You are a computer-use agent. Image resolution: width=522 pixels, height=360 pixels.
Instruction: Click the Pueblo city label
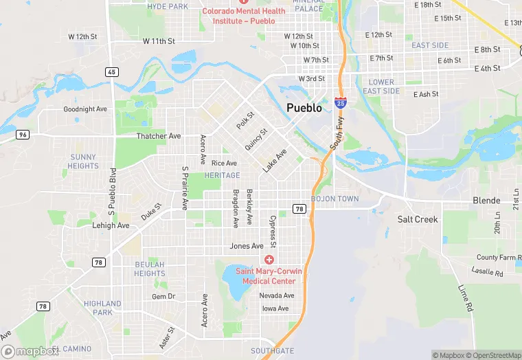pos(304,108)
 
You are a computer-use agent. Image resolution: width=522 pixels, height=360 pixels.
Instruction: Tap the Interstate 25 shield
pos(340,103)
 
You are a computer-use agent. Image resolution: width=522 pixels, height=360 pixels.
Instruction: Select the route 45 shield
pos(111,71)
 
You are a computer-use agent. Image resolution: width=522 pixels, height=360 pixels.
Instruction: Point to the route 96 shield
pos(23,135)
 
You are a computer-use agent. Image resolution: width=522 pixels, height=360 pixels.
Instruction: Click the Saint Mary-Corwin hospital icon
pos(269,260)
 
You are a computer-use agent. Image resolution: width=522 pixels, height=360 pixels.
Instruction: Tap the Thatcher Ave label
pos(159,136)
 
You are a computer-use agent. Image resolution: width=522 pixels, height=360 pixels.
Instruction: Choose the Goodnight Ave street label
pos(85,109)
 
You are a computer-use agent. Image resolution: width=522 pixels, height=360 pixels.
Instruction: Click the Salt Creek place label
pos(418,219)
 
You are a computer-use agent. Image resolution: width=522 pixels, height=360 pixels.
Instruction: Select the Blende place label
pos(486,201)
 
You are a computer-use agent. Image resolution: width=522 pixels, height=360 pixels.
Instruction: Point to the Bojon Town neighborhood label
pos(334,199)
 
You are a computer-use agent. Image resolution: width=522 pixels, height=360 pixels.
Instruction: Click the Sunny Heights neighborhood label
pos(83,161)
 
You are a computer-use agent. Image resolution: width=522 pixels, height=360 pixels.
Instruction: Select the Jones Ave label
pos(247,246)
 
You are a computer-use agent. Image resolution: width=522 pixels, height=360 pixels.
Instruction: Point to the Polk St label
pos(245,120)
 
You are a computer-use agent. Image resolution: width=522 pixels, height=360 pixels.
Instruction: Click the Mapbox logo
pos(30,351)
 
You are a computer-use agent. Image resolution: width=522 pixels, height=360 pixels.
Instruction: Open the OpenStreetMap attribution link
pos(489,355)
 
